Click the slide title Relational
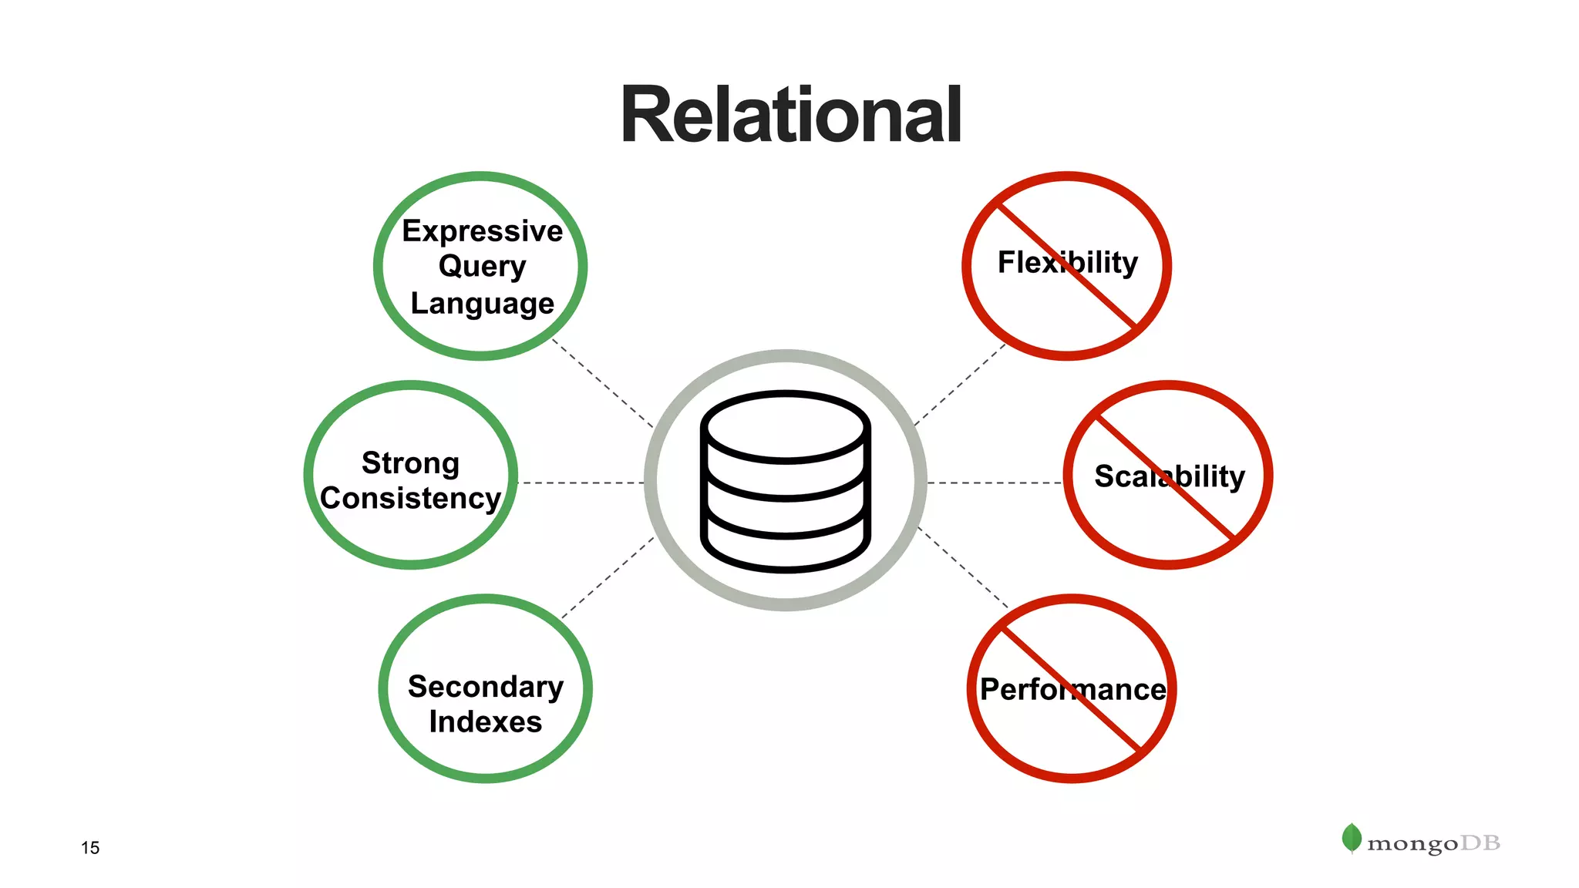tap(790, 116)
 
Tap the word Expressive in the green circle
tap(483, 231)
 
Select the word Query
tap(483, 267)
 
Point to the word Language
tap(483, 303)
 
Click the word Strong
tap(411, 462)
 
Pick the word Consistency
tap(411, 498)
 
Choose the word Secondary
tap(486, 686)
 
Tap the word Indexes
tap(486, 721)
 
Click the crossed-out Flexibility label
tap(1068, 262)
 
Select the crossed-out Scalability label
tap(1170, 476)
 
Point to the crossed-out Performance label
tap(1072, 689)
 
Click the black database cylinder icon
tap(786, 481)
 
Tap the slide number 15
tap(90, 848)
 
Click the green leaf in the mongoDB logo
tap(1352, 838)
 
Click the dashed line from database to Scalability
tap(995, 483)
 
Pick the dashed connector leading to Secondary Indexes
tap(608, 578)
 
